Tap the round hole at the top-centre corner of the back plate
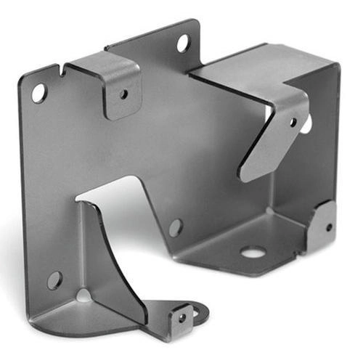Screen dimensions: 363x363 (183, 43)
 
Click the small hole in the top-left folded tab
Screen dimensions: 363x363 (123, 94)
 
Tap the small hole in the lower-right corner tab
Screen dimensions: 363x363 (328, 227)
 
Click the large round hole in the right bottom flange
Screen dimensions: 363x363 (252, 253)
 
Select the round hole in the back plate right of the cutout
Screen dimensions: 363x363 (176, 227)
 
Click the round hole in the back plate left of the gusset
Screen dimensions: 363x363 (54, 280)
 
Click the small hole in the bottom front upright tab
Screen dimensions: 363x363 (181, 316)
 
